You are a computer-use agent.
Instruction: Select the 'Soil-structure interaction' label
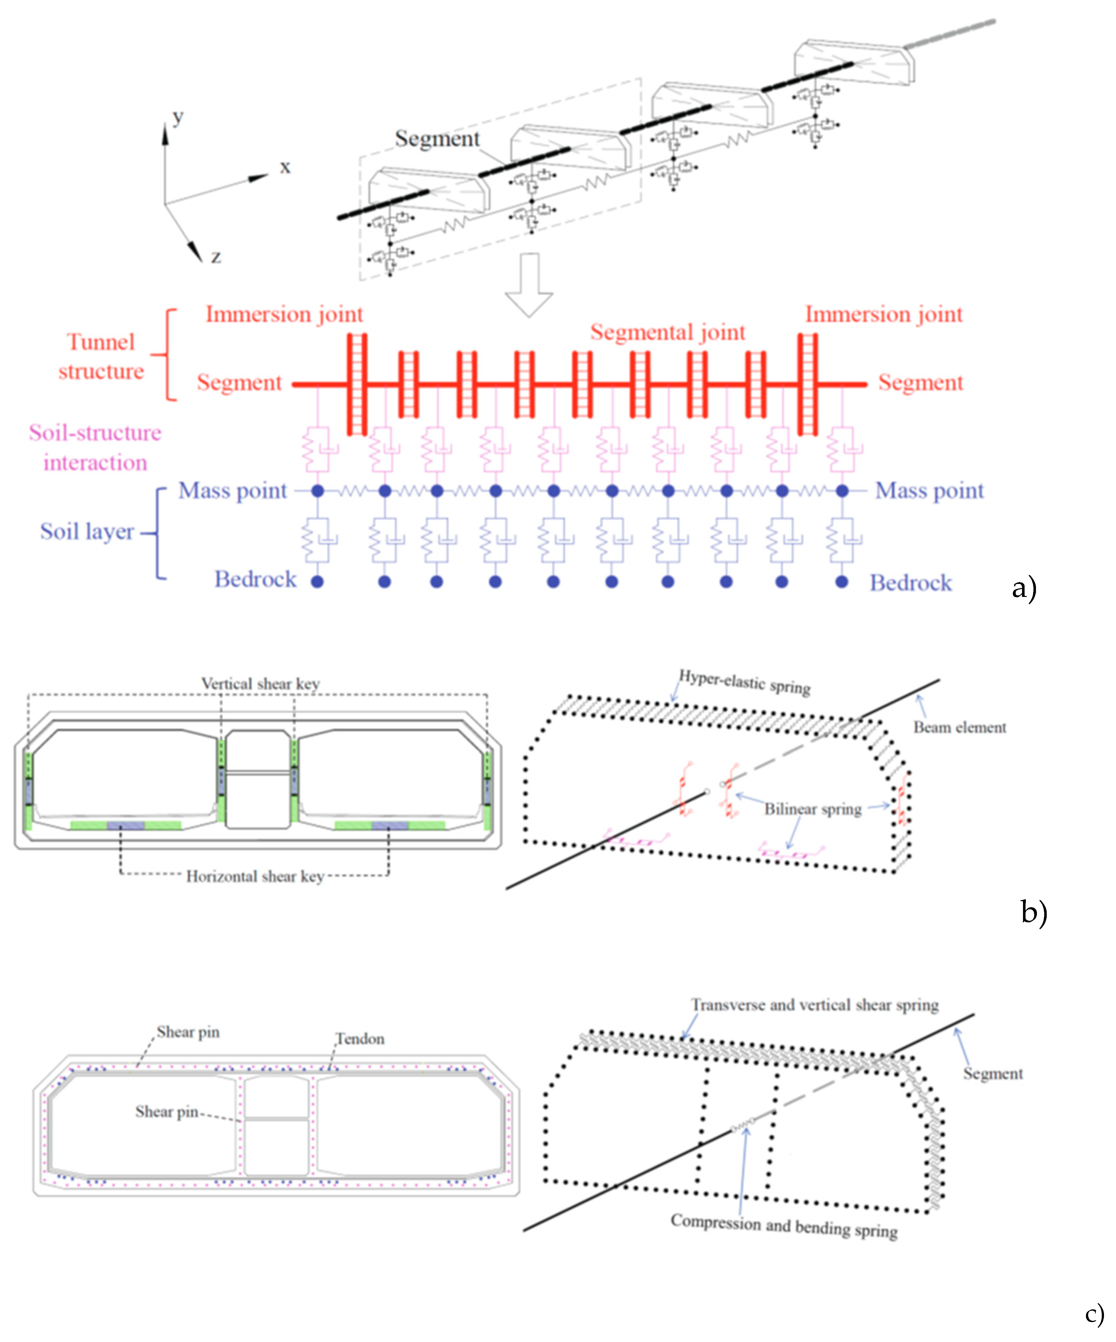[x=95, y=447]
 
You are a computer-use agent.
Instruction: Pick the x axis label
[x=285, y=167]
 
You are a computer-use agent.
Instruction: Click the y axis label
[x=177, y=117]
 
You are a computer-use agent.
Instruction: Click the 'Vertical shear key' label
[x=260, y=684]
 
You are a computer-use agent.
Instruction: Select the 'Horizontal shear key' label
[x=255, y=876]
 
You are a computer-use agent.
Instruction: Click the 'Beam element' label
[x=959, y=727]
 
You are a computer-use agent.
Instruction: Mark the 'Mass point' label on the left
[x=232, y=491]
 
